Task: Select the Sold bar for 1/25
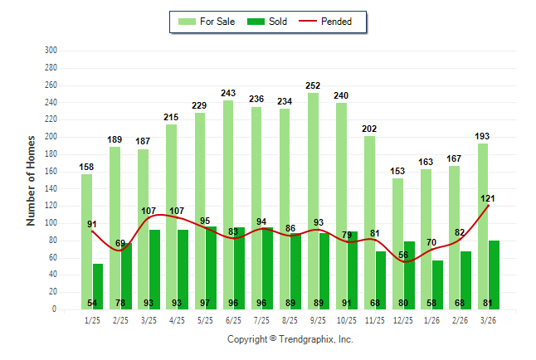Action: tap(98, 282)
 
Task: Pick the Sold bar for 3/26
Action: tap(495, 275)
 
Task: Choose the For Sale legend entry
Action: tap(208, 22)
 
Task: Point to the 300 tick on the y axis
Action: tap(50, 51)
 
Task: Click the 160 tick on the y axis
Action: tap(50, 172)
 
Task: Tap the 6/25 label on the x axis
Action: tap(233, 319)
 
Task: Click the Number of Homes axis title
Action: tap(32, 180)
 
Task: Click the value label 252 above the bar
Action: tap(313, 85)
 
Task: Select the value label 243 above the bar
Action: tap(228, 93)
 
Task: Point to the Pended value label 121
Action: tap(488, 198)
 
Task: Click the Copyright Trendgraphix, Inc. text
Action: tap(290, 339)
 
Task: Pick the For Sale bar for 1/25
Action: tap(86, 241)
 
